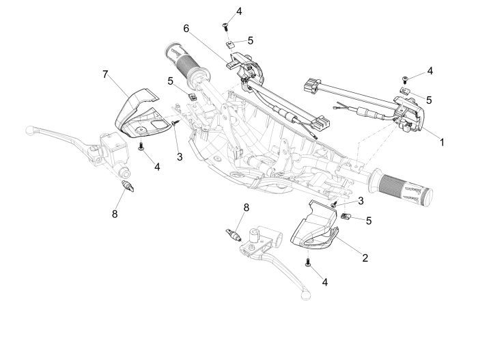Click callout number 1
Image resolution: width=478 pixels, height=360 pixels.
pyautogui.click(x=442, y=143)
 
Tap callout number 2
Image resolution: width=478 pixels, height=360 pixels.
pyautogui.click(x=365, y=258)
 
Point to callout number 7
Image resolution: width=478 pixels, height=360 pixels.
pyautogui.click(x=105, y=74)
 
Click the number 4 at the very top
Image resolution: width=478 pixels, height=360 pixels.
pyautogui.click(x=238, y=12)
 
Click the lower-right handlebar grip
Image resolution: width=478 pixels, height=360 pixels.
pyautogui.click(x=402, y=189)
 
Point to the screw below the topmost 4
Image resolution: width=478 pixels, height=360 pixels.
pyautogui.click(x=225, y=26)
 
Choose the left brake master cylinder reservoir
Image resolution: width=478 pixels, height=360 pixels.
pyautogui.click(x=109, y=146)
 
